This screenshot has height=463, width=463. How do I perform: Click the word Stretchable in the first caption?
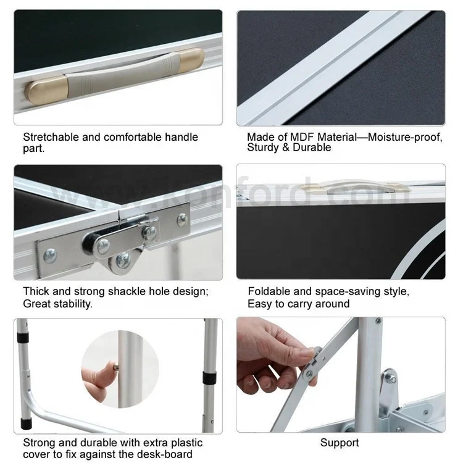pyautogui.click(x=51, y=137)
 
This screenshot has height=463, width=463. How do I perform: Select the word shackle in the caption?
pyautogui.click(x=127, y=291)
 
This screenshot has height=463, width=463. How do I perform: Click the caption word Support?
pyautogui.click(x=340, y=443)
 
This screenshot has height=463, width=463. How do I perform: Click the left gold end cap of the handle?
pyautogui.click(x=46, y=90)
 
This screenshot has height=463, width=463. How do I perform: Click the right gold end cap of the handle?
pyautogui.click(x=192, y=60)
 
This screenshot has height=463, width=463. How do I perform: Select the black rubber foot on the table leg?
pyautogui.click(x=25, y=423)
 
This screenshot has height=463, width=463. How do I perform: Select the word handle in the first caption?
pyautogui.click(x=181, y=137)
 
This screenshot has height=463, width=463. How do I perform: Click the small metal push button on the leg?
pyautogui.click(x=116, y=367)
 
